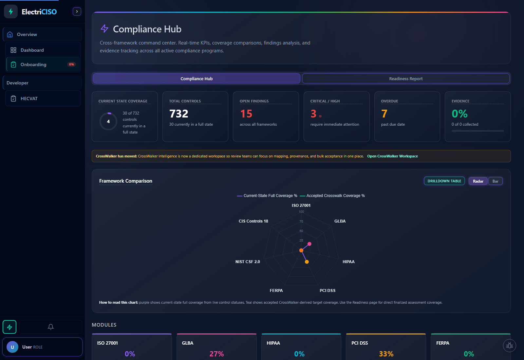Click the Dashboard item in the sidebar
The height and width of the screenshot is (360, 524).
point(32,50)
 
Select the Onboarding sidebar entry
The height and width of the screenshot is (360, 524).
point(33,64)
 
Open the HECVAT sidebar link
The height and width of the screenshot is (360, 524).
point(29,99)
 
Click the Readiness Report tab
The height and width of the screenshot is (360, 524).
point(406,79)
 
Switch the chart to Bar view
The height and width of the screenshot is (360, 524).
point(495,181)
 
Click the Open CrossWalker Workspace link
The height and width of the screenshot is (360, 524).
point(392,156)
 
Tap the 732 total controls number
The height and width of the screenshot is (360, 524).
point(179,114)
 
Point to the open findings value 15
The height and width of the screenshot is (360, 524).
point(246,114)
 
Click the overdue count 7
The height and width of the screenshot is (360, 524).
point(384,114)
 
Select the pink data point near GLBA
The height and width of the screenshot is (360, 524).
point(309,244)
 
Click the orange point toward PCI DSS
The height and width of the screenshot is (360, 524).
point(307,262)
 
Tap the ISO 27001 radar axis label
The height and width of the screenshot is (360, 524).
point(301,206)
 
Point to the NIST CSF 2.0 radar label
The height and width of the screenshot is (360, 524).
point(248,262)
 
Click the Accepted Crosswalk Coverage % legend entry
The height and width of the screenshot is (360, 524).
point(335,196)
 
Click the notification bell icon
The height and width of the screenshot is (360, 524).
point(51,327)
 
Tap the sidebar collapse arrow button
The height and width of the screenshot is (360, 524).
point(77,11)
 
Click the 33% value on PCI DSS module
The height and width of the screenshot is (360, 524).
point(386,354)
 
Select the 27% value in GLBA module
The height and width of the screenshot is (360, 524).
point(216,354)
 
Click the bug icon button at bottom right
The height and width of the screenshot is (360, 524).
point(509,346)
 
